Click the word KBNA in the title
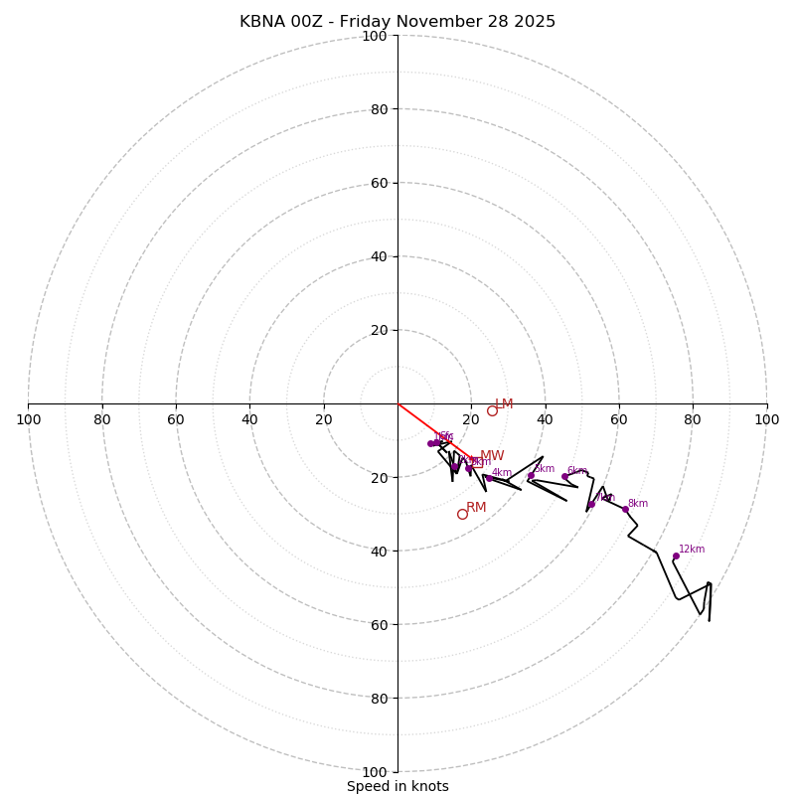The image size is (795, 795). (262, 22)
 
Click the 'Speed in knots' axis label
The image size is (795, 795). (397, 786)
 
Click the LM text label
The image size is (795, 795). (504, 404)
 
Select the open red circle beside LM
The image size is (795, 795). (492, 410)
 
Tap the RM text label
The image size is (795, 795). (476, 508)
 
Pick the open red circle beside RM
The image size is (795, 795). (462, 514)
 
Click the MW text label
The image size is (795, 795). (492, 456)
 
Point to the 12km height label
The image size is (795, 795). (692, 550)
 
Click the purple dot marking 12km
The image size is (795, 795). (676, 556)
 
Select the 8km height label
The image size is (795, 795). (637, 504)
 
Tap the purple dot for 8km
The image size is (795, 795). (625, 509)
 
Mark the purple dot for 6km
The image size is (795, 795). (564, 476)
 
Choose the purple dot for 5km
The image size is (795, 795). (531, 475)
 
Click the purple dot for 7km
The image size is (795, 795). (591, 504)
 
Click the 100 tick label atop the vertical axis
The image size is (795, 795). (375, 37)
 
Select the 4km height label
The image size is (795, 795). (502, 473)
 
